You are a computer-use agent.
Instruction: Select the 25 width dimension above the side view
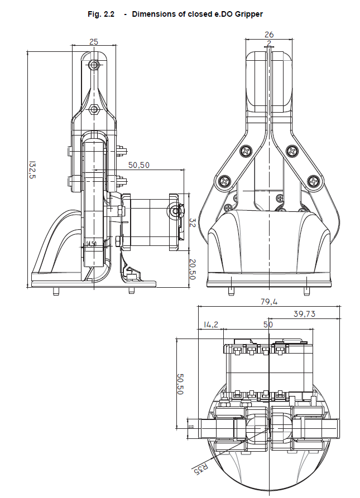click(x=94, y=41)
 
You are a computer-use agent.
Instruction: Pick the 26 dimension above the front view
click(x=269, y=35)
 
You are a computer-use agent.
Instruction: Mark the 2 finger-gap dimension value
click(x=269, y=42)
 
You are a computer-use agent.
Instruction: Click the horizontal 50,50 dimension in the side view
click(x=139, y=165)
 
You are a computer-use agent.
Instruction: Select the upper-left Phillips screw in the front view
click(x=246, y=151)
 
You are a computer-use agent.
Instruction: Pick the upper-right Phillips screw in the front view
click(x=292, y=151)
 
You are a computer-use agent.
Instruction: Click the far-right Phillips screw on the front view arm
click(x=315, y=181)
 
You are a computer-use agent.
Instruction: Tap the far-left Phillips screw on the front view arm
click(x=224, y=181)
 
